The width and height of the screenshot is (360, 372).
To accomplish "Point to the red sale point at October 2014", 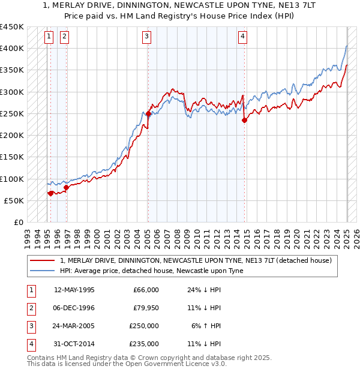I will [x=245, y=120].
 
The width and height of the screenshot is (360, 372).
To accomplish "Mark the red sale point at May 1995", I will [x=50, y=193].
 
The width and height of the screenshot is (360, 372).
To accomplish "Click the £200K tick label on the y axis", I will [x=11, y=136].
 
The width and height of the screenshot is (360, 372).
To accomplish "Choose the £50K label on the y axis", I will [x=14, y=200].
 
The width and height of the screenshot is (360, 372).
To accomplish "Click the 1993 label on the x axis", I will [x=27, y=235].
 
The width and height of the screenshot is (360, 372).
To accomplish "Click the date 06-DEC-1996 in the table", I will [x=74, y=308].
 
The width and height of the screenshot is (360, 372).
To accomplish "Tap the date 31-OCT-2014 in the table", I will [x=74, y=344].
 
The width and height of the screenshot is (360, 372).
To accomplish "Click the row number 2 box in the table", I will [x=31, y=308].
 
